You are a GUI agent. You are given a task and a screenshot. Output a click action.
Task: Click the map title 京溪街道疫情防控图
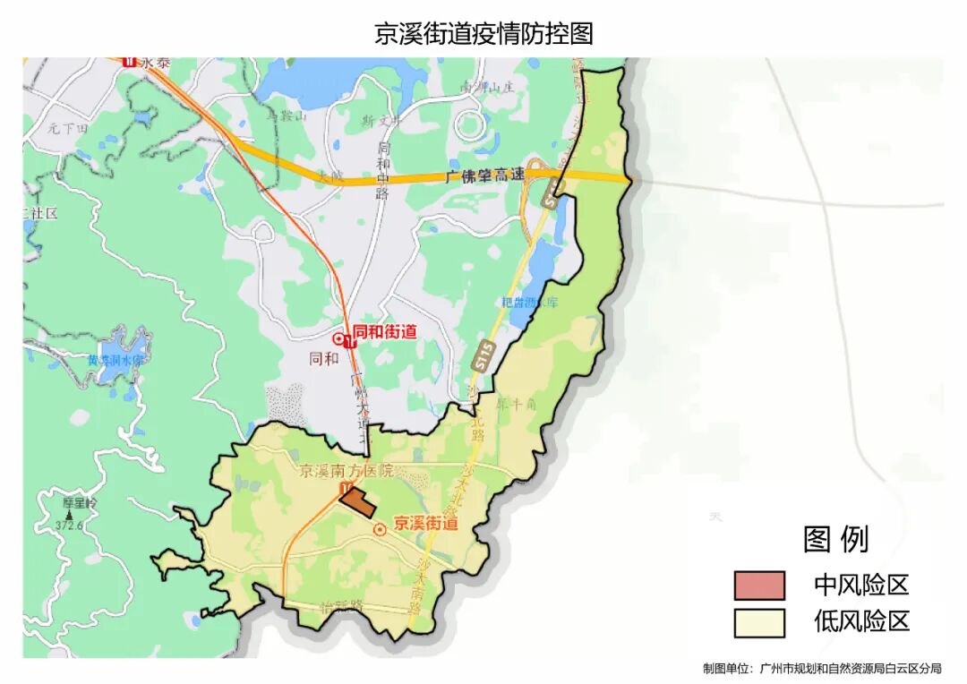(x=483, y=33)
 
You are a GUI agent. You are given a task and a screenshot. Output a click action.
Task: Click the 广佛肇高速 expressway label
(x=484, y=176)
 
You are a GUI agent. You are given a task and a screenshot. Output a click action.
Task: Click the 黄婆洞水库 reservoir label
(x=116, y=360)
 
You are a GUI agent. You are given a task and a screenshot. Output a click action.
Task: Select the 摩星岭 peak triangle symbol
(x=69, y=516)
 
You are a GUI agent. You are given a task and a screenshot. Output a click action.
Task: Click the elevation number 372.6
(x=69, y=526)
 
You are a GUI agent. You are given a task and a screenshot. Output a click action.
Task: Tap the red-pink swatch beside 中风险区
(x=758, y=586)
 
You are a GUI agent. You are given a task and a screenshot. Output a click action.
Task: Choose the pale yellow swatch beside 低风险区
(x=758, y=622)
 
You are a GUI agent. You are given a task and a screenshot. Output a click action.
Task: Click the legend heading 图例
(x=835, y=539)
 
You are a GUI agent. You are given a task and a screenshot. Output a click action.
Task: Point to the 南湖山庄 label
(x=489, y=88)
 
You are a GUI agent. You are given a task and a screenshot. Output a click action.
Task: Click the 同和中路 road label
(x=384, y=170)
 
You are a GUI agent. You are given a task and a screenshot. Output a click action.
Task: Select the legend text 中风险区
(x=861, y=586)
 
